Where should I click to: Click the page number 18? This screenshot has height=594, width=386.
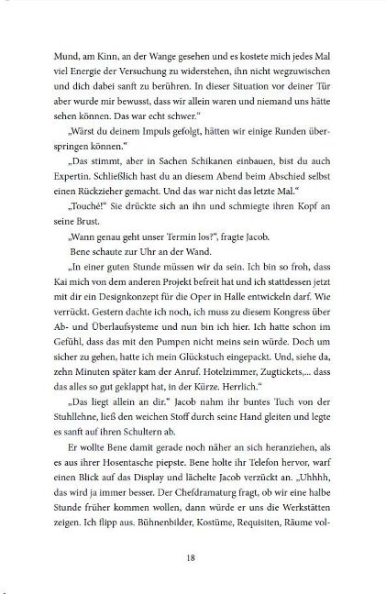click(193, 556)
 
